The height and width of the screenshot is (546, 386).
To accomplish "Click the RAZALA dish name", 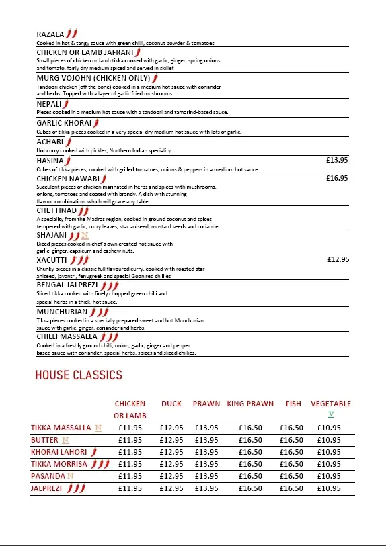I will click(x=50, y=34).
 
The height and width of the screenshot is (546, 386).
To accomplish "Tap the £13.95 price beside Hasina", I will click(x=336, y=161).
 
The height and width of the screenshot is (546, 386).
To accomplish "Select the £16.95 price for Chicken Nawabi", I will click(x=336, y=179).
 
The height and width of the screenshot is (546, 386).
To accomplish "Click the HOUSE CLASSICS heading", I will click(x=79, y=375).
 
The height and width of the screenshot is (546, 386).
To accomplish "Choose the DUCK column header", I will click(x=171, y=404).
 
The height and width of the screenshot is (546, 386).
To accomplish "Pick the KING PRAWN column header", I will click(x=250, y=404).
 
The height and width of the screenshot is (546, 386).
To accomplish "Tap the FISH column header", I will click(x=293, y=404).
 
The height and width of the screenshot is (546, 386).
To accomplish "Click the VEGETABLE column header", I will click(x=331, y=404).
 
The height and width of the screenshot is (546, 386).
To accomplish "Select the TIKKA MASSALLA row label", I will click(x=61, y=428).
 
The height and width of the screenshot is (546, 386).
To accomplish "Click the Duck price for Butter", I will click(x=171, y=440).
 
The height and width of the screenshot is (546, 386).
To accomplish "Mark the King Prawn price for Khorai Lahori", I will click(x=250, y=452).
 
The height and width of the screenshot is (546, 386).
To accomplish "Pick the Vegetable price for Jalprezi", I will click(x=329, y=488).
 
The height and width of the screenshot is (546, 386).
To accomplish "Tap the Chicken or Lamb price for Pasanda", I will click(x=130, y=476).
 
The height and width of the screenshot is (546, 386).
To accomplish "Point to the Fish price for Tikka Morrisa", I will click(x=292, y=464).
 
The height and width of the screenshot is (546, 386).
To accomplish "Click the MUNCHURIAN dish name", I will click(x=63, y=312).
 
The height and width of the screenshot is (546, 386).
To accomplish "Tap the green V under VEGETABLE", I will click(x=331, y=414).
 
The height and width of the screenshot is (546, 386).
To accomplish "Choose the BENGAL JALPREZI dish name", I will click(x=67, y=285).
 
